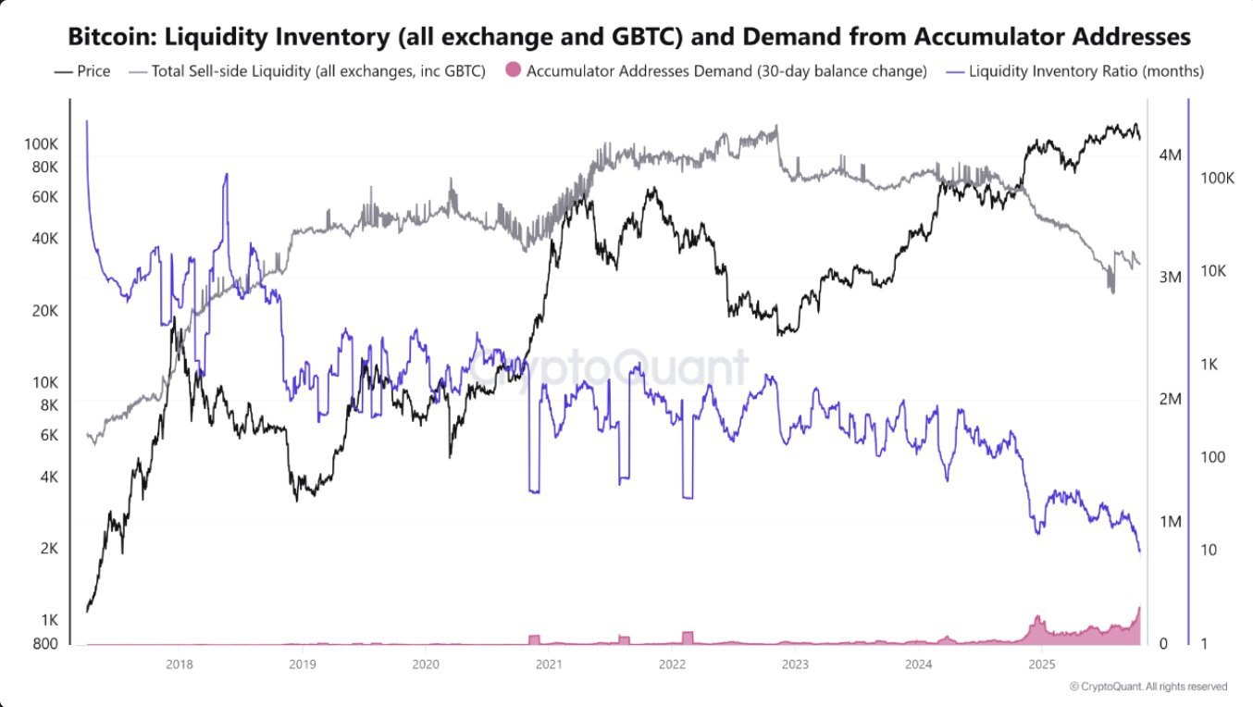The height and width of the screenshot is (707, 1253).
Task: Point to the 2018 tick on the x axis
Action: coord(179,664)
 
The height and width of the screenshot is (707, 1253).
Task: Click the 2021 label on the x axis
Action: coord(548,664)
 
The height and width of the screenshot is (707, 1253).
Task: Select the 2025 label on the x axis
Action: coord(1041,664)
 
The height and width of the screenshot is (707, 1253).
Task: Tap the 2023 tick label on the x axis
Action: coord(795,664)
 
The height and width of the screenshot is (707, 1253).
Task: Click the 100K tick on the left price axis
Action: coord(43,144)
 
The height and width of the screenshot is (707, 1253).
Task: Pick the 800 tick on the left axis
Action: coord(46,644)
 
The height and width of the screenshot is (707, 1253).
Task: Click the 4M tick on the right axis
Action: coord(1169,155)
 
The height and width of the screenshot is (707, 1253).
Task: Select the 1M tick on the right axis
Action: coord(1169,522)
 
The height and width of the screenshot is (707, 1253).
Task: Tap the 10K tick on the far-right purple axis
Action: coord(1214,271)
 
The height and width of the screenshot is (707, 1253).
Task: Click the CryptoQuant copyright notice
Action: coord(1148,687)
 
